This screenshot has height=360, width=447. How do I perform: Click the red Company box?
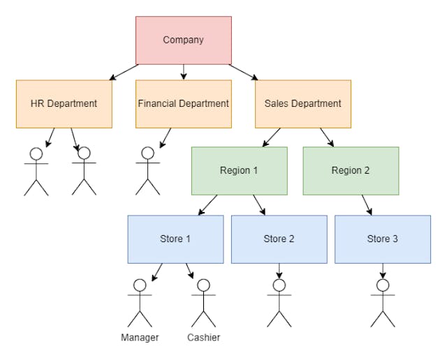click(183, 40)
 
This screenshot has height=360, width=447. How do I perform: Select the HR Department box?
click(64, 104)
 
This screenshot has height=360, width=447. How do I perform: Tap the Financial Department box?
click(183, 104)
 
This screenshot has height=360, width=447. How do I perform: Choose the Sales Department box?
click(302, 104)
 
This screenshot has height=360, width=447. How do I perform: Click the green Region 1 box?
click(239, 171)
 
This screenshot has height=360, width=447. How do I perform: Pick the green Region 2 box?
click(351, 171)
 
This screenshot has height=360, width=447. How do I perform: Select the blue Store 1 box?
click(175, 239)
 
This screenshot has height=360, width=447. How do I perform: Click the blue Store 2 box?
click(279, 239)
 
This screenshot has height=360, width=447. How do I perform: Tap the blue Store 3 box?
click(383, 239)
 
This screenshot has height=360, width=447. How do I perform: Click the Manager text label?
click(140, 338)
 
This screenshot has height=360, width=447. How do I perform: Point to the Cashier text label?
click(203, 338)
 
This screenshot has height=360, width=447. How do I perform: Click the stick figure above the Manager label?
click(140, 303)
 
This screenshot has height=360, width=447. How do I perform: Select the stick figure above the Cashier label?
click(203, 303)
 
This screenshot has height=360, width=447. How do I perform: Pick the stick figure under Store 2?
click(279, 303)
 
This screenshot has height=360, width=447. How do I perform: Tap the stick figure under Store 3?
click(383, 303)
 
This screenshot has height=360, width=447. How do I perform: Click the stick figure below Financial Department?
click(147, 171)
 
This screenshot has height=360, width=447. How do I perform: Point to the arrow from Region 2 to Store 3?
click(367, 205)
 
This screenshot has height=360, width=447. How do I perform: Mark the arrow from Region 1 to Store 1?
click(207, 205)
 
